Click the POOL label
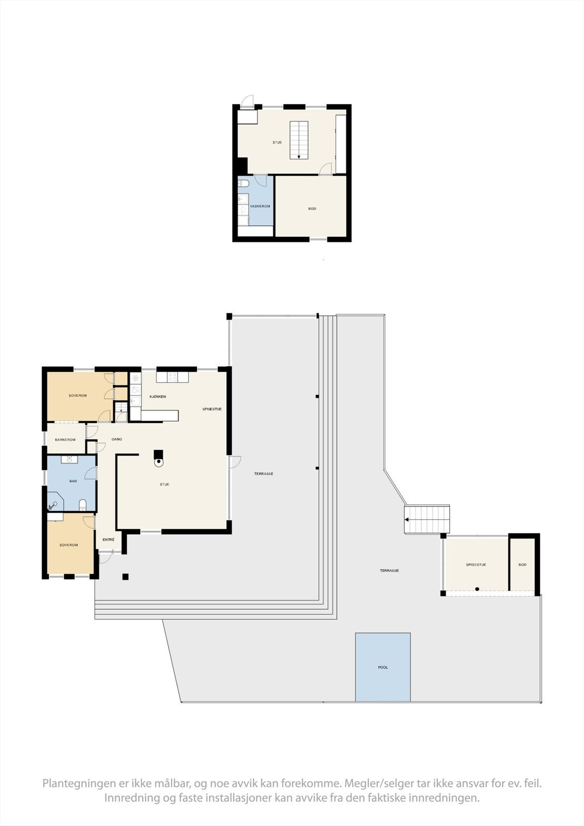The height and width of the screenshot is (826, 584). (x=383, y=668)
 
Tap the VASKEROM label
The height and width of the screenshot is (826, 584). (x=260, y=206)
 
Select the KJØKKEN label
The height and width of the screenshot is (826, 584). (x=157, y=396)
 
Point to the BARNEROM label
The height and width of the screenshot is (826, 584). (x=65, y=440)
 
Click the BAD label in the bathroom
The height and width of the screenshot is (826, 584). (x=73, y=481)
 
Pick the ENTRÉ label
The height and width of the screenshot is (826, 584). (x=108, y=539)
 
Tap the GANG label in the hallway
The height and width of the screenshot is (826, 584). (x=117, y=439)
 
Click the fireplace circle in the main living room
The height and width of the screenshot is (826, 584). (x=160, y=463)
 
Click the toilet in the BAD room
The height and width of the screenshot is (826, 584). (x=83, y=504)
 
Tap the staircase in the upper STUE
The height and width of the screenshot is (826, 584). (x=298, y=140)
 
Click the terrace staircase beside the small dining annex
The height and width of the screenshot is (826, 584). (x=427, y=519)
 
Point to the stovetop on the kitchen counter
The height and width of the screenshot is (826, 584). (x=172, y=377)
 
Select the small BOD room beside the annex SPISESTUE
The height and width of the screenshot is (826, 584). (x=523, y=565)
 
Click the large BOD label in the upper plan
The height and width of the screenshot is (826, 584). (x=312, y=209)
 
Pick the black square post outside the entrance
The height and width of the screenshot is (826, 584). (x=125, y=577)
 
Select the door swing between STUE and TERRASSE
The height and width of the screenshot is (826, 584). (x=235, y=463)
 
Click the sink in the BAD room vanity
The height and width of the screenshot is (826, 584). (x=69, y=458)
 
